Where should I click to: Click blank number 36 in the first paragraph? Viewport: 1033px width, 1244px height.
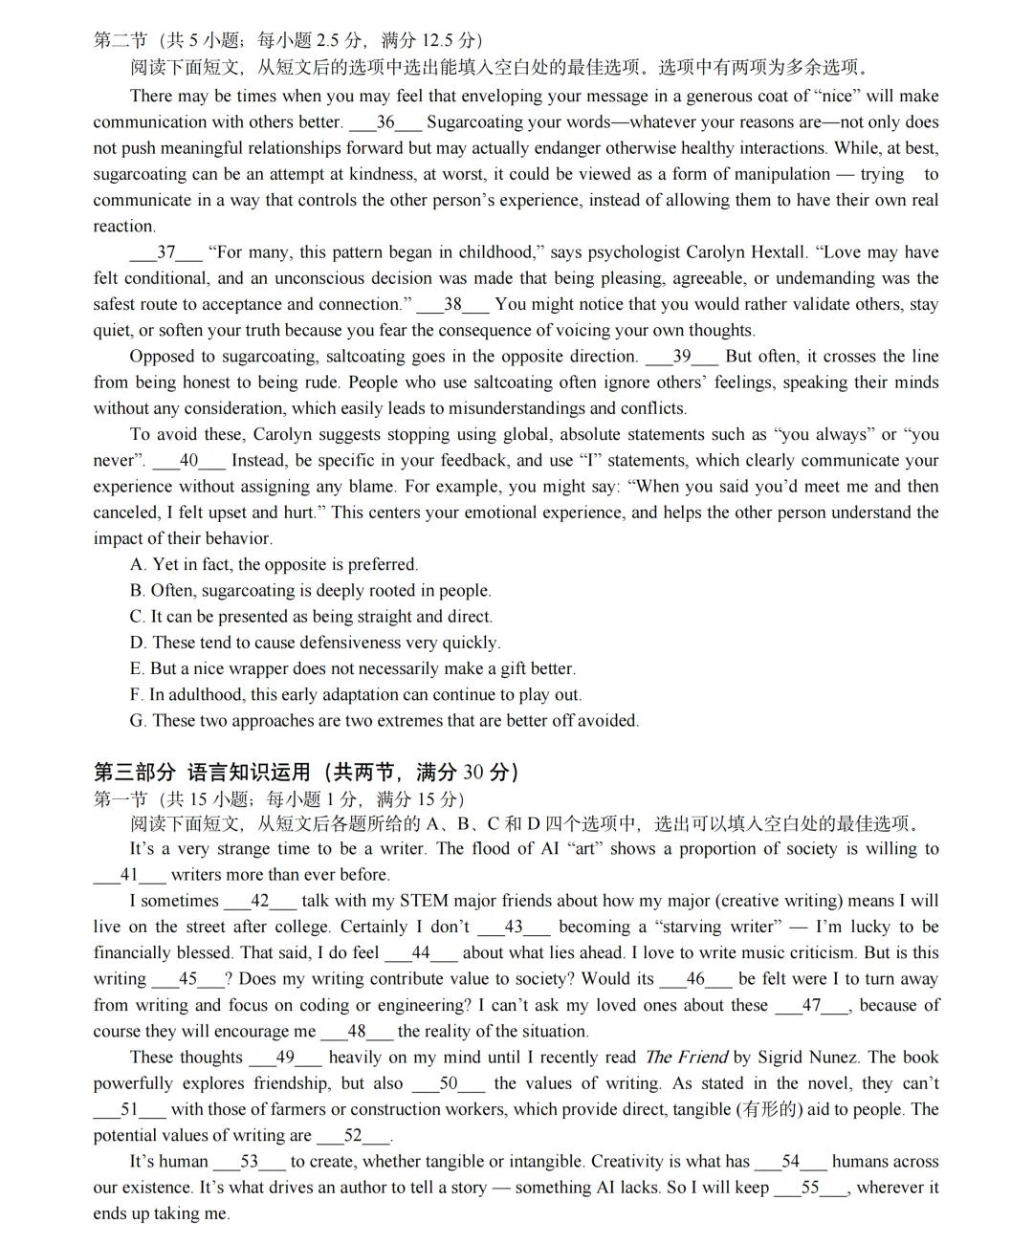pyautogui.click(x=385, y=122)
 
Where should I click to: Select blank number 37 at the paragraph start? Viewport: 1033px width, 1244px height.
pyautogui.click(x=166, y=252)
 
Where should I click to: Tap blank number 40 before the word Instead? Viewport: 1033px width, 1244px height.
pyautogui.click(x=188, y=461)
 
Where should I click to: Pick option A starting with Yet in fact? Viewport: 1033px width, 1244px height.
pyautogui.click(x=274, y=565)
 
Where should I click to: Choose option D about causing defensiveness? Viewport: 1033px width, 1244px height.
pyautogui.click(x=315, y=643)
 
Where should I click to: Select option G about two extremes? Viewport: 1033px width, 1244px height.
pyautogui.click(x=384, y=721)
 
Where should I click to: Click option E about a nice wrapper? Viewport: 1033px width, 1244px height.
pyautogui.click(x=352, y=668)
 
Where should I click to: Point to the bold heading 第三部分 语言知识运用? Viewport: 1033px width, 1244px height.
pyautogui.click(x=306, y=772)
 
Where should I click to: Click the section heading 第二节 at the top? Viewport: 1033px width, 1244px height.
pyautogui.click(x=121, y=40)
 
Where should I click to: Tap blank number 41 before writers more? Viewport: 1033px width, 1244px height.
pyautogui.click(x=129, y=875)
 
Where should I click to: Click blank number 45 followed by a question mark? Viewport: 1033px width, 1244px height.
pyautogui.click(x=187, y=979)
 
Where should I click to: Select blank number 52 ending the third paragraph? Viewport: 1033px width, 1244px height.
pyautogui.click(x=353, y=1136)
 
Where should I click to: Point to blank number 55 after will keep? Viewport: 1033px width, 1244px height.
pyautogui.click(x=810, y=1188)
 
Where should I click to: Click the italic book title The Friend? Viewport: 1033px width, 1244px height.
pyautogui.click(x=686, y=1058)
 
